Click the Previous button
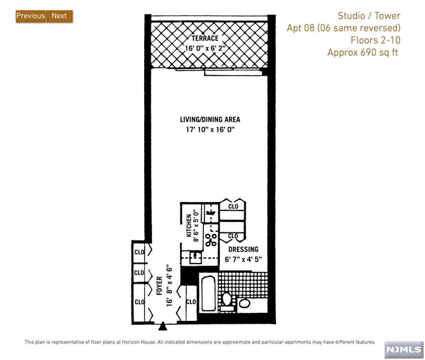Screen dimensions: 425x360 (31, 16)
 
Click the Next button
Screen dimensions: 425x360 (59, 16)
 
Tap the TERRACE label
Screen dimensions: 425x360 (205, 39)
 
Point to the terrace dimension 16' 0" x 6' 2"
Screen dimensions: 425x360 (205, 48)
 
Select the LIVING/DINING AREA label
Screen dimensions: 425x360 (210, 120)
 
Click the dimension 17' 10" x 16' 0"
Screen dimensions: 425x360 (210, 130)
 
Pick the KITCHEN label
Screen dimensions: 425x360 (189, 226)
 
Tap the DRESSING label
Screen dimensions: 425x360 (244, 249)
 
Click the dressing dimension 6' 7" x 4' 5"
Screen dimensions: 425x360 (244, 260)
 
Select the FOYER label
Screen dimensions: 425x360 (159, 286)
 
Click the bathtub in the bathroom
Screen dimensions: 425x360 (209, 294)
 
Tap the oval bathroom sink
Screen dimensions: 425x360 (244, 303)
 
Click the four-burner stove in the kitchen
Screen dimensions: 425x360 (211, 236)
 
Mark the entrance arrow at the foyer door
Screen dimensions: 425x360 (163, 326)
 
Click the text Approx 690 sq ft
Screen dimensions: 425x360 (363, 52)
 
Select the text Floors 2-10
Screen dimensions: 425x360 (375, 40)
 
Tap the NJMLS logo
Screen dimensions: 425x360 (404, 349)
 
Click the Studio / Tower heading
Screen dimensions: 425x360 (369, 16)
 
